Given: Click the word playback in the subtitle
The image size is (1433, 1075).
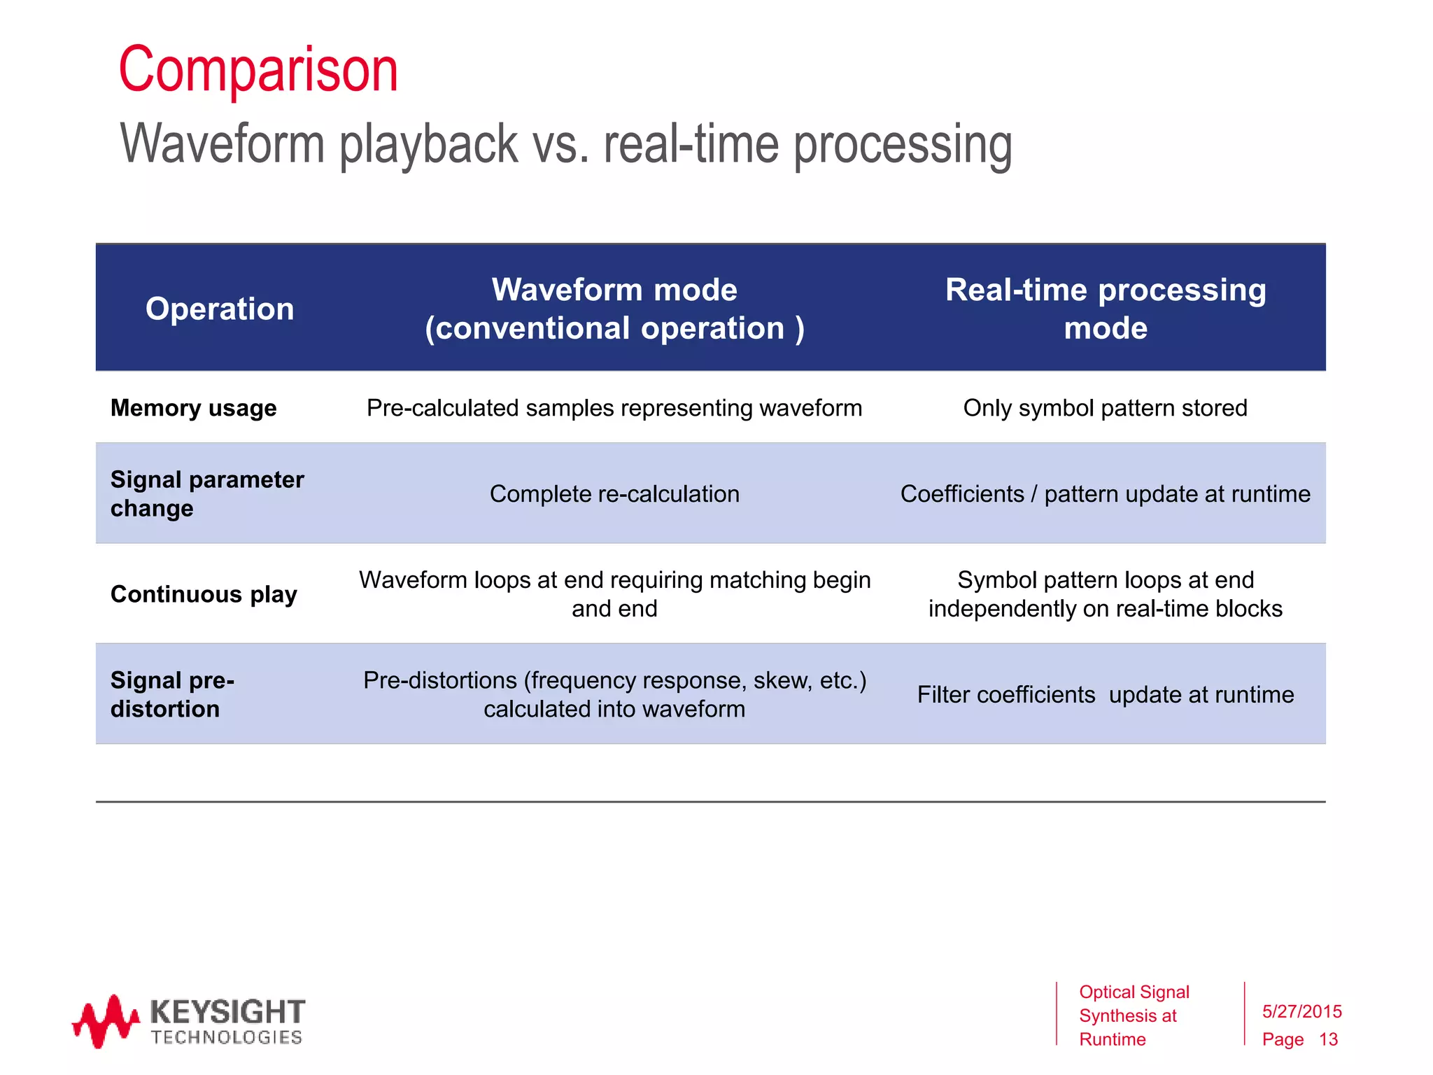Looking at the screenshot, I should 429,144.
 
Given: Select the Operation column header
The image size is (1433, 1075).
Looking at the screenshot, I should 220,309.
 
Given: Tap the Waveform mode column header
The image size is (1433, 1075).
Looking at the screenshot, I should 614,309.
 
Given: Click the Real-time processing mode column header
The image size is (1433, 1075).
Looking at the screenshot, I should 1106,309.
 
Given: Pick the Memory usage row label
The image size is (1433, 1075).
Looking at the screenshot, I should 194,408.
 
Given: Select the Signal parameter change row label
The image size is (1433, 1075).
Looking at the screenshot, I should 207,493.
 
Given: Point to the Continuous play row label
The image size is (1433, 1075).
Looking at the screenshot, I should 204,594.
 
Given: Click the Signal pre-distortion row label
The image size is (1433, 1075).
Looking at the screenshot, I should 172,694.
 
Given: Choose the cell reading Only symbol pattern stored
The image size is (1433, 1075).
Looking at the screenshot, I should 1105,408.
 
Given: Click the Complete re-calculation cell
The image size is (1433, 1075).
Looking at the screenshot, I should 614,494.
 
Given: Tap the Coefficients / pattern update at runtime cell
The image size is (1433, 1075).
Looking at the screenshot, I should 1105,494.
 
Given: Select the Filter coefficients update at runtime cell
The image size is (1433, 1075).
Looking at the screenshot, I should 1105,695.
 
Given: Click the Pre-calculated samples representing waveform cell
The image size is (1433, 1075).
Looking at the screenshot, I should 614,408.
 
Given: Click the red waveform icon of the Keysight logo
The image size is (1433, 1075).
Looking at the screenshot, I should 105,1021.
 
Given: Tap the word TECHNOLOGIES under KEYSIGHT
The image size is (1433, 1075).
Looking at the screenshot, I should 227,1037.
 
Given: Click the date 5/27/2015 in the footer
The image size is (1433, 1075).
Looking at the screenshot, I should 1301,1011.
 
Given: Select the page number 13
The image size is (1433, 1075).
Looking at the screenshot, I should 1328,1039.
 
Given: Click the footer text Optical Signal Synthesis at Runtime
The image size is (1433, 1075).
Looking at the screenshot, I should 1134,1016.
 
